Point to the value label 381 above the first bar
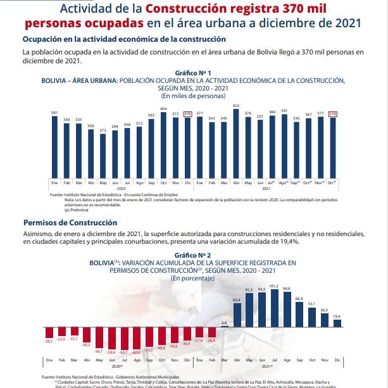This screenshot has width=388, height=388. click(54, 112)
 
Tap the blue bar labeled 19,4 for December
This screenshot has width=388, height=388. click(337, 322)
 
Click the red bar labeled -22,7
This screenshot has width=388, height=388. click(74, 332)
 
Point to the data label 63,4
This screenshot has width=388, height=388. click(237, 299)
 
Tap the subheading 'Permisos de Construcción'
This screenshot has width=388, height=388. click(70, 223)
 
